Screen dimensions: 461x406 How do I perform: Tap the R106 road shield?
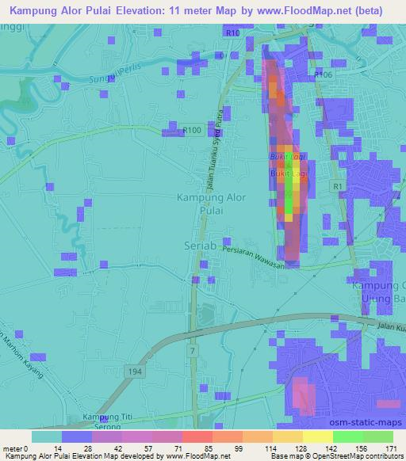pyautogui.click(x=323, y=74)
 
